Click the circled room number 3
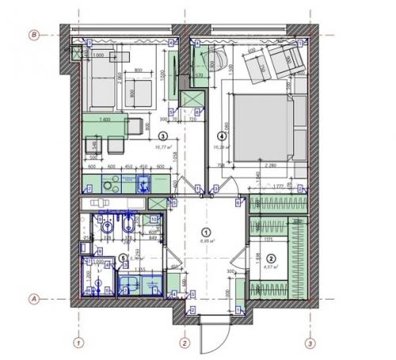pyautogui.click(x=162, y=135)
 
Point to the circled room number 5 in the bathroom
pyautogui.click(x=121, y=257)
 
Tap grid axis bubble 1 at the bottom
pyautogui.click(x=78, y=343)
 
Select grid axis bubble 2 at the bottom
pyautogui.click(x=184, y=343)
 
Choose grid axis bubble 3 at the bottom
pyautogui.click(x=309, y=343)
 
